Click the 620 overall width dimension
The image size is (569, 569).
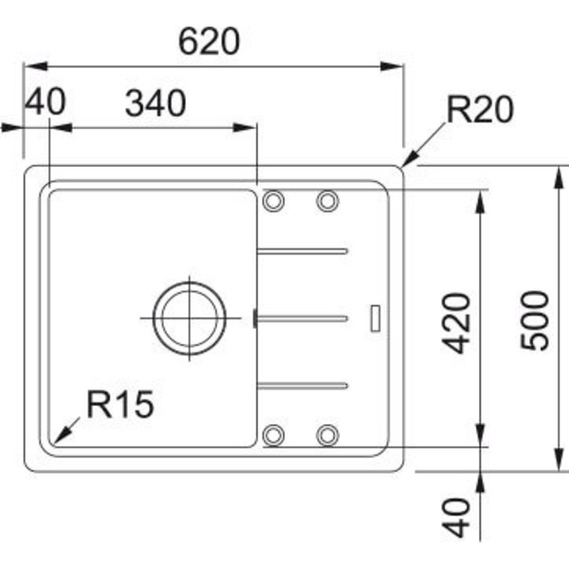click(x=210, y=41)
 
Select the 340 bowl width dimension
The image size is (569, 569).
click(x=155, y=103)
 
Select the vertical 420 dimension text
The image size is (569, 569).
click(x=458, y=323)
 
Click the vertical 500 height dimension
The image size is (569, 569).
click(x=535, y=320)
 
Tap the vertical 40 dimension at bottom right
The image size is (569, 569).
click(x=458, y=518)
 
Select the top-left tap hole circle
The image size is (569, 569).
click(x=274, y=200)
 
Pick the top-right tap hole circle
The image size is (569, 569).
click(x=328, y=200)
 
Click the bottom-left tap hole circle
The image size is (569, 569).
click(x=274, y=434)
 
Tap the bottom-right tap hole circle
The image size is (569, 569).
click(x=328, y=434)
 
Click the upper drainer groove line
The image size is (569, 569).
click(x=303, y=251)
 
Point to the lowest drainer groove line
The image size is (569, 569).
click(x=303, y=385)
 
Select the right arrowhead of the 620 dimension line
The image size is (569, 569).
click(x=396, y=66)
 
